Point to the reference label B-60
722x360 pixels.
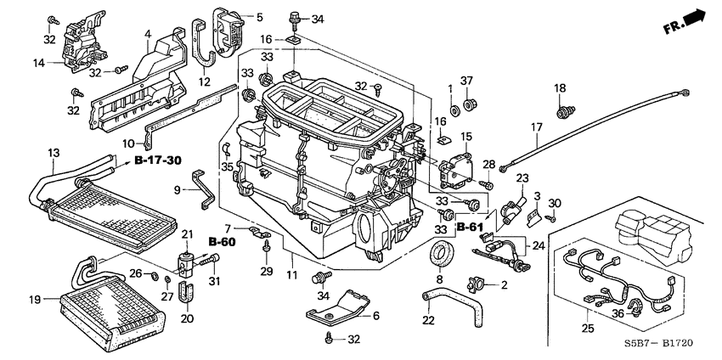pyautogui.click(x=222, y=242)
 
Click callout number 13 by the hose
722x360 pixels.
pyautogui.click(x=54, y=153)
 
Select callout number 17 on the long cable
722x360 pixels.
pyautogui.click(x=537, y=128)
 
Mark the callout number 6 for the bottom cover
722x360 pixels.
pyautogui.click(x=374, y=315)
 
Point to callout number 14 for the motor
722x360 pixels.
pyautogui.click(x=39, y=62)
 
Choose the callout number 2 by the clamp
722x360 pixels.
pyautogui.click(x=504, y=284)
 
